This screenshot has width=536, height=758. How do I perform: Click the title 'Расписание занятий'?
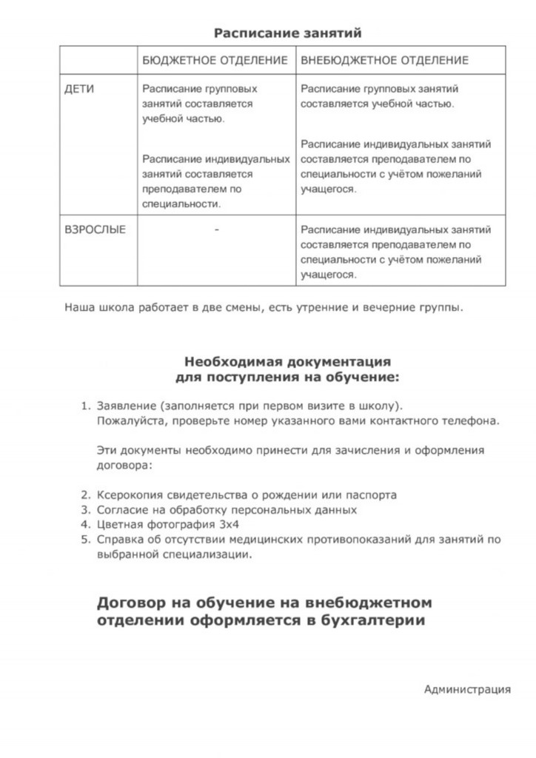point(287,33)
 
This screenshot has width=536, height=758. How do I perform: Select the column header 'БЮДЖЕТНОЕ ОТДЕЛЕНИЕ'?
point(215,59)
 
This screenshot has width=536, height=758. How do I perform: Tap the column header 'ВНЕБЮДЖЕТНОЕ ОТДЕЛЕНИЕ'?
point(384,59)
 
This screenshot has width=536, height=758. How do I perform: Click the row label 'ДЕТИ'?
point(79,89)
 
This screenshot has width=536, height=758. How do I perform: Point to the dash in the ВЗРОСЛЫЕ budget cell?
point(215,229)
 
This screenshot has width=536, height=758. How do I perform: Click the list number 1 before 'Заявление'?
point(84,406)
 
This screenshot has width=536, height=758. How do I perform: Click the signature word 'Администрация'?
point(467,690)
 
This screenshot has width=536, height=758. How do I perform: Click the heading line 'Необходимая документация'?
point(287,362)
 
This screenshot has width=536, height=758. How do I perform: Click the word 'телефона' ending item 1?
point(475,421)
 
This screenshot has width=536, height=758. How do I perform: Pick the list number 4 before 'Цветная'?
point(84,525)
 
